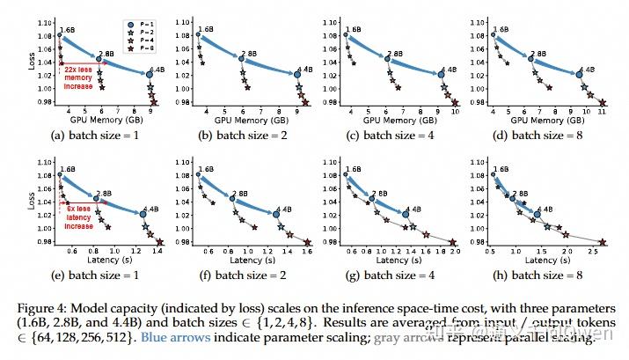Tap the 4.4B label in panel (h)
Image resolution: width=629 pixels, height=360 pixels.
coord(545,209)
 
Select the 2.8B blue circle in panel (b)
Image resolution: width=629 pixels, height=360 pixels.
coord(238,59)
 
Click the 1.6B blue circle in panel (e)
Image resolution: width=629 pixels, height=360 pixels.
coord(59,175)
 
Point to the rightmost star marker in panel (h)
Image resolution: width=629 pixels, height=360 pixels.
coord(603,243)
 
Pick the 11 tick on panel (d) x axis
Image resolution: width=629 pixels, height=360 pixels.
coord(601,112)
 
